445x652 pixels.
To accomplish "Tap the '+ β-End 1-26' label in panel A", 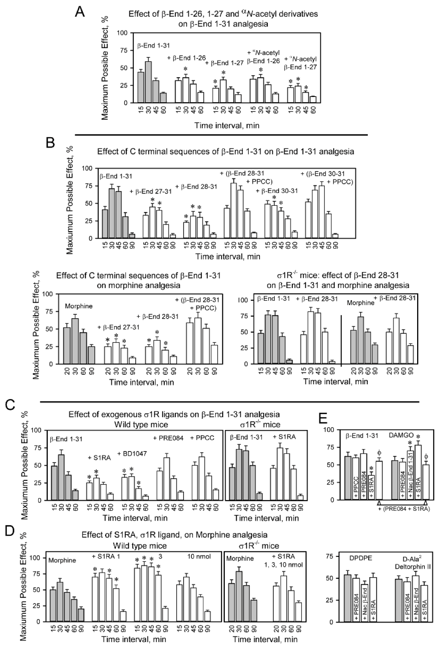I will pyautogui.click(x=184, y=58).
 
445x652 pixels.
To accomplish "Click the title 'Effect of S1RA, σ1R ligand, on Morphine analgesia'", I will pyautogui.click(x=174, y=534).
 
